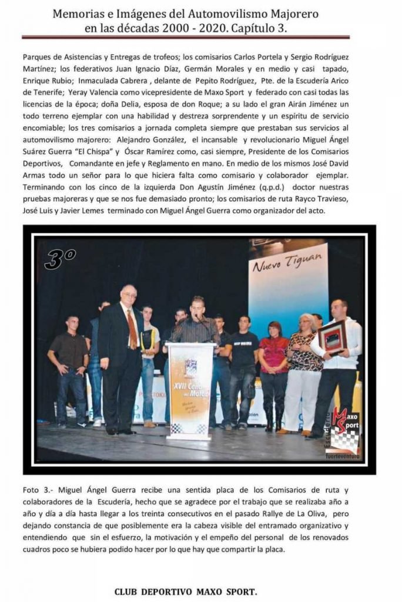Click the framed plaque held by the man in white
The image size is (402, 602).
pyautogui.click(x=333, y=337)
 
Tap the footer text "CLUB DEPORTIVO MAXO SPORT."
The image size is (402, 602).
pyautogui.click(x=185, y=591)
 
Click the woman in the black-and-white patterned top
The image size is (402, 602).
pyautogui.click(x=304, y=367)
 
